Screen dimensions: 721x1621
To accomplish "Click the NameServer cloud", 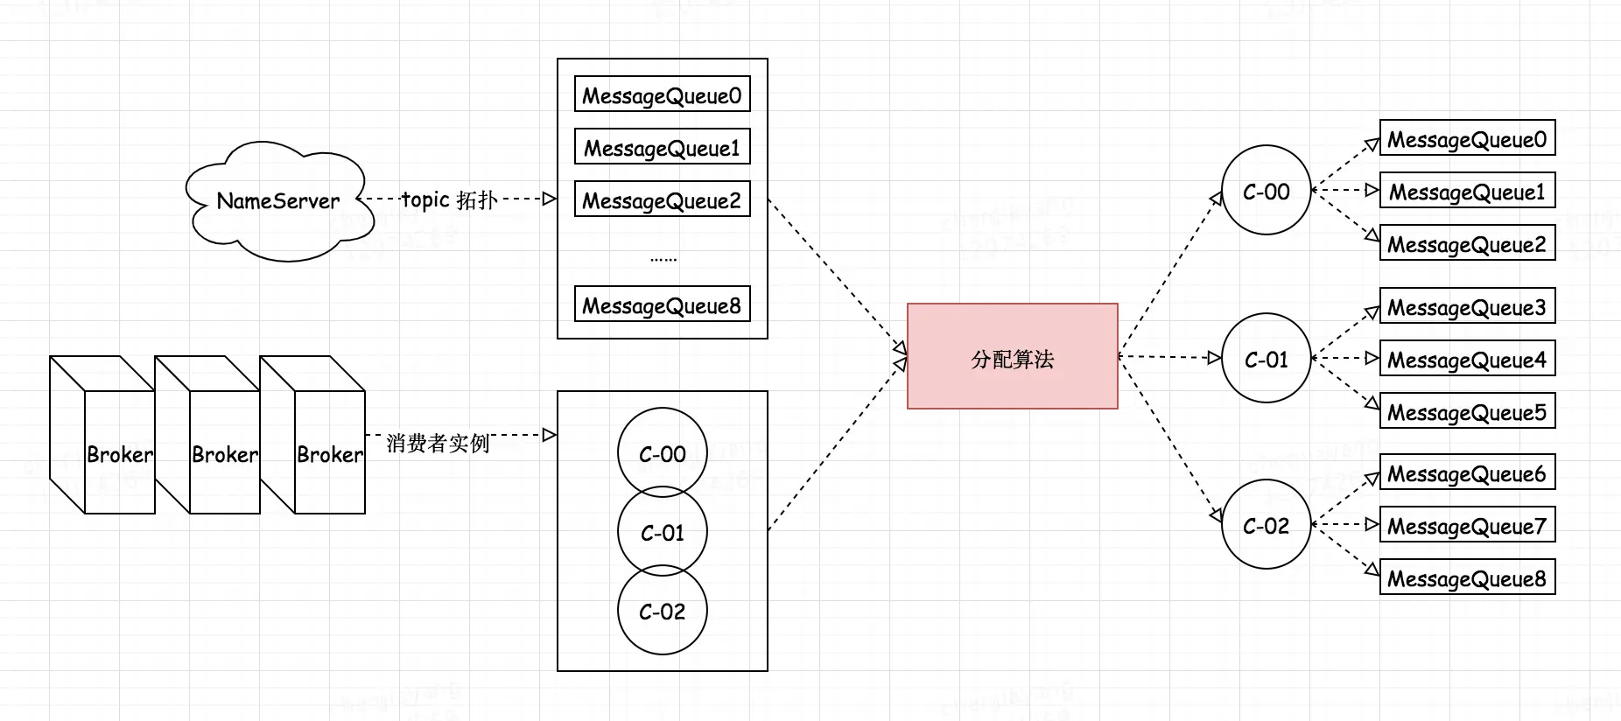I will tap(278, 201).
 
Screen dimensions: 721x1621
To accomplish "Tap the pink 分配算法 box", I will tap(1012, 356).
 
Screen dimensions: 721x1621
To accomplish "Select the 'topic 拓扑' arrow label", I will tap(449, 199).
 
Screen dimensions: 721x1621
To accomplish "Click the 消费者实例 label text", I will tap(437, 443).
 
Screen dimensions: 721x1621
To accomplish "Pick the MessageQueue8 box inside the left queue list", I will tap(662, 304).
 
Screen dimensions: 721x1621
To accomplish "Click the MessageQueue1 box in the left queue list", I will tap(662, 147).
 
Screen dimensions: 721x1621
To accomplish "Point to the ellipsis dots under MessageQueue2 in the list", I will tap(663, 259).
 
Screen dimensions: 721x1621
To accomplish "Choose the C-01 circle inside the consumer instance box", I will tap(662, 531).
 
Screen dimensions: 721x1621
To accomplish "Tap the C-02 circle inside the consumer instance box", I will tap(662, 611).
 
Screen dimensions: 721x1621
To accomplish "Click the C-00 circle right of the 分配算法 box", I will tap(1266, 191).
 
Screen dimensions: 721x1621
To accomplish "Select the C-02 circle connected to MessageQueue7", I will tap(1266, 525).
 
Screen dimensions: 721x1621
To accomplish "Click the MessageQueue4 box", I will tap(1467, 359).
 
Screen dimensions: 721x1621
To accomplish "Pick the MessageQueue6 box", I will tap(1467, 472).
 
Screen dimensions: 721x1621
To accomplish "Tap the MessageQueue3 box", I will tap(1467, 306).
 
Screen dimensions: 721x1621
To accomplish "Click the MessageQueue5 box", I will tap(1467, 411).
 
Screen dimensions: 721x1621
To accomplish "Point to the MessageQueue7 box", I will tap(1467, 525).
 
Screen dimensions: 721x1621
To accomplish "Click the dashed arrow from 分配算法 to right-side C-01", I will tap(1168, 357).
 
